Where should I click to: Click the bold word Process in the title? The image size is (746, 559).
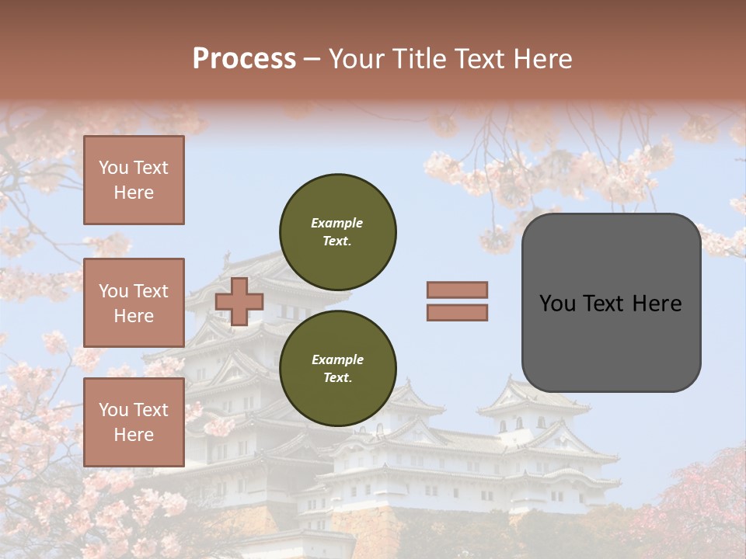click(x=244, y=59)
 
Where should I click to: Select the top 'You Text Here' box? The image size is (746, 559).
click(x=134, y=180)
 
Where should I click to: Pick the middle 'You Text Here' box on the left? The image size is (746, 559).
click(x=134, y=303)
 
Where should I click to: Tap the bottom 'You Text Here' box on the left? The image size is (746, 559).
click(x=134, y=422)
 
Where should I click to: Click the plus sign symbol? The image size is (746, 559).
click(x=239, y=301)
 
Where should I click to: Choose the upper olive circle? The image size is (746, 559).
click(x=337, y=231)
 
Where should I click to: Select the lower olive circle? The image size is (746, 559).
click(x=337, y=368)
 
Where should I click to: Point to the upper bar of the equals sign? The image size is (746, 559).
click(x=457, y=290)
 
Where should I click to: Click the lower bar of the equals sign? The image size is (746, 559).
click(x=457, y=312)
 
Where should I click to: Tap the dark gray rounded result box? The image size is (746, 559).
click(x=611, y=302)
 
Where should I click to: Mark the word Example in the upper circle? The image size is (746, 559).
click(x=337, y=223)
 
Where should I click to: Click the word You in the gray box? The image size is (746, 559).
click(x=556, y=304)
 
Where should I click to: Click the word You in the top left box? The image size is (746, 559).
click(x=113, y=168)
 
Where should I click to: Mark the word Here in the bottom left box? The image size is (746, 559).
click(x=134, y=435)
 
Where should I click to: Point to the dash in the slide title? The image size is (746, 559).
click(x=312, y=59)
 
